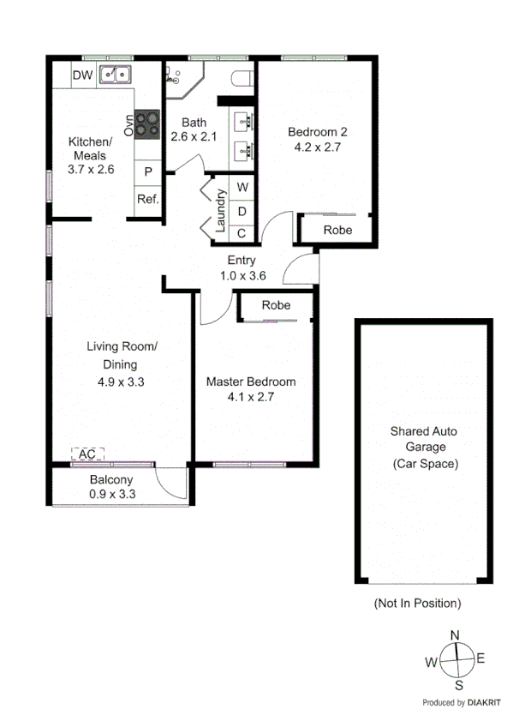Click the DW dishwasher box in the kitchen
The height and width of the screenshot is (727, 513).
click(x=82, y=75)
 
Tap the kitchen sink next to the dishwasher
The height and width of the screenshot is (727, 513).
click(x=114, y=75)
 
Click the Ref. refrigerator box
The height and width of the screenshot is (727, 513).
click(x=148, y=199)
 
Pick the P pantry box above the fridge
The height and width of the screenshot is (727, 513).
click(x=148, y=171)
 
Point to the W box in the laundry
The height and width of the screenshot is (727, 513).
click(x=242, y=187)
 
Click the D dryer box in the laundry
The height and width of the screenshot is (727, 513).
click(x=242, y=210)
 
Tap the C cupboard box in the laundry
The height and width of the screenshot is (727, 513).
click(x=242, y=232)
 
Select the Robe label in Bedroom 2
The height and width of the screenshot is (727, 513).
click(x=337, y=230)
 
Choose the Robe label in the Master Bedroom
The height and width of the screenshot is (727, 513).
click(x=276, y=305)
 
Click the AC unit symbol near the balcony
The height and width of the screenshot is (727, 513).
click(x=86, y=454)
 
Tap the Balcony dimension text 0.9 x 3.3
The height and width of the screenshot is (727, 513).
click(x=112, y=495)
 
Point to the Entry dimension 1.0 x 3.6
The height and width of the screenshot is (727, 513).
click(x=243, y=275)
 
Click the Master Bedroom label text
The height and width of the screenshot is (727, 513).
click(x=251, y=382)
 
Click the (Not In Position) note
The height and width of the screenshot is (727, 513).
click(x=417, y=604)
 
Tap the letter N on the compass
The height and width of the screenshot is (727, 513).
click(x=456, y=634)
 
